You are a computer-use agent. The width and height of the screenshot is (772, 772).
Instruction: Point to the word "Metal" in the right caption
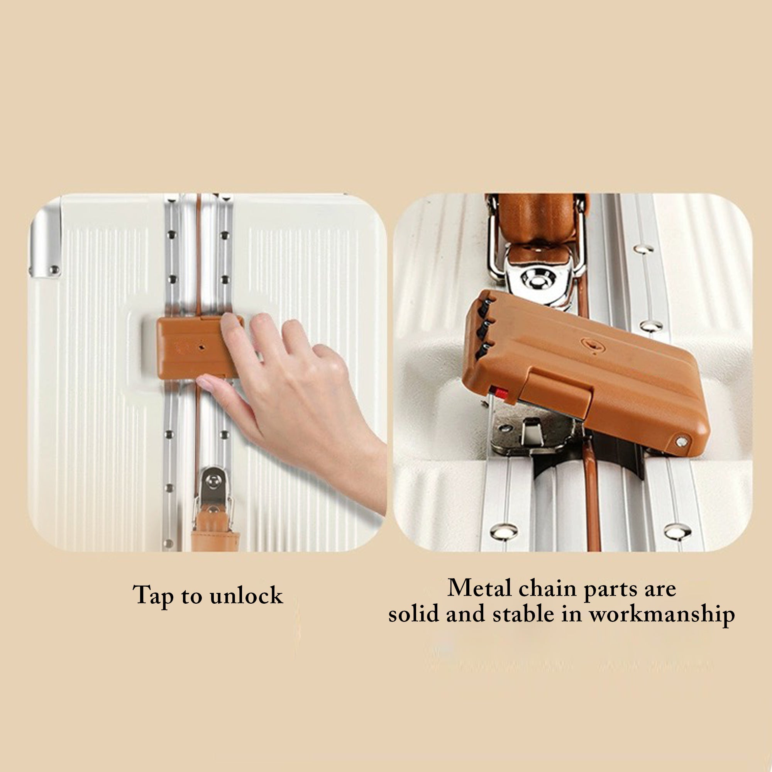(x=479, y=588)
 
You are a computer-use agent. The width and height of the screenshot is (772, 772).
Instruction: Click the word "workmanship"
(x=662, y=615)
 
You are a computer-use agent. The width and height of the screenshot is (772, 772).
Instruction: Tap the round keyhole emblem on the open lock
(x=592, y=345)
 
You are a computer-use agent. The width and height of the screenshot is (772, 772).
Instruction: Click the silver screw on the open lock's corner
(x=682, y=442)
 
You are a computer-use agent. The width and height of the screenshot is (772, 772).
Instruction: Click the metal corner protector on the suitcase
(x=45, y=244)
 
